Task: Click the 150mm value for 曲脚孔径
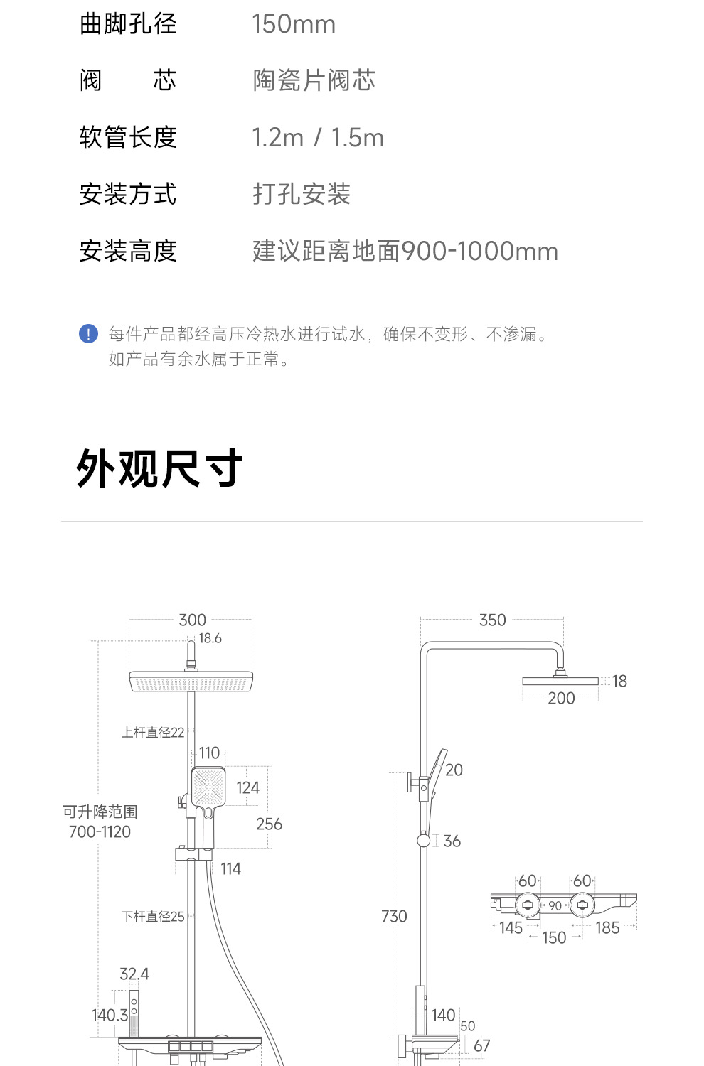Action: [x=293, y=24]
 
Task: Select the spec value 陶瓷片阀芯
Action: [x=314, y=80]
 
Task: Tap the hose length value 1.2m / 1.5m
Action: [x=317, y=138]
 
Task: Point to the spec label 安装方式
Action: [x=127, y=194]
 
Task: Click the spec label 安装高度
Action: [x=127, y=251]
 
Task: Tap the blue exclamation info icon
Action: [x=88, y=334]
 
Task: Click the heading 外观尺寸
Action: [x=159, y=469]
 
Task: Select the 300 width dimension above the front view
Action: [x=192, y=620]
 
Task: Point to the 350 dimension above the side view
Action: [x=492, y=620]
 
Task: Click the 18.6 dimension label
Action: [x=210, y=638]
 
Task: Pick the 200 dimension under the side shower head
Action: [x=561, y=699]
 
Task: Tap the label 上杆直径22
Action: [x=153, y=733]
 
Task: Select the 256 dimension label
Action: [x=269, y=824]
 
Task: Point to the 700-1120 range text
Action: [x=100, y=832]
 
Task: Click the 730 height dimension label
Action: [x=394, y=917]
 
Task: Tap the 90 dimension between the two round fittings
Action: [x=555, y=906]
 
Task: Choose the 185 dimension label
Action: [x=607, y=928]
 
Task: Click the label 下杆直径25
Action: [x=153, y=917]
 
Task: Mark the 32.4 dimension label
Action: [x=134, y=974]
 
